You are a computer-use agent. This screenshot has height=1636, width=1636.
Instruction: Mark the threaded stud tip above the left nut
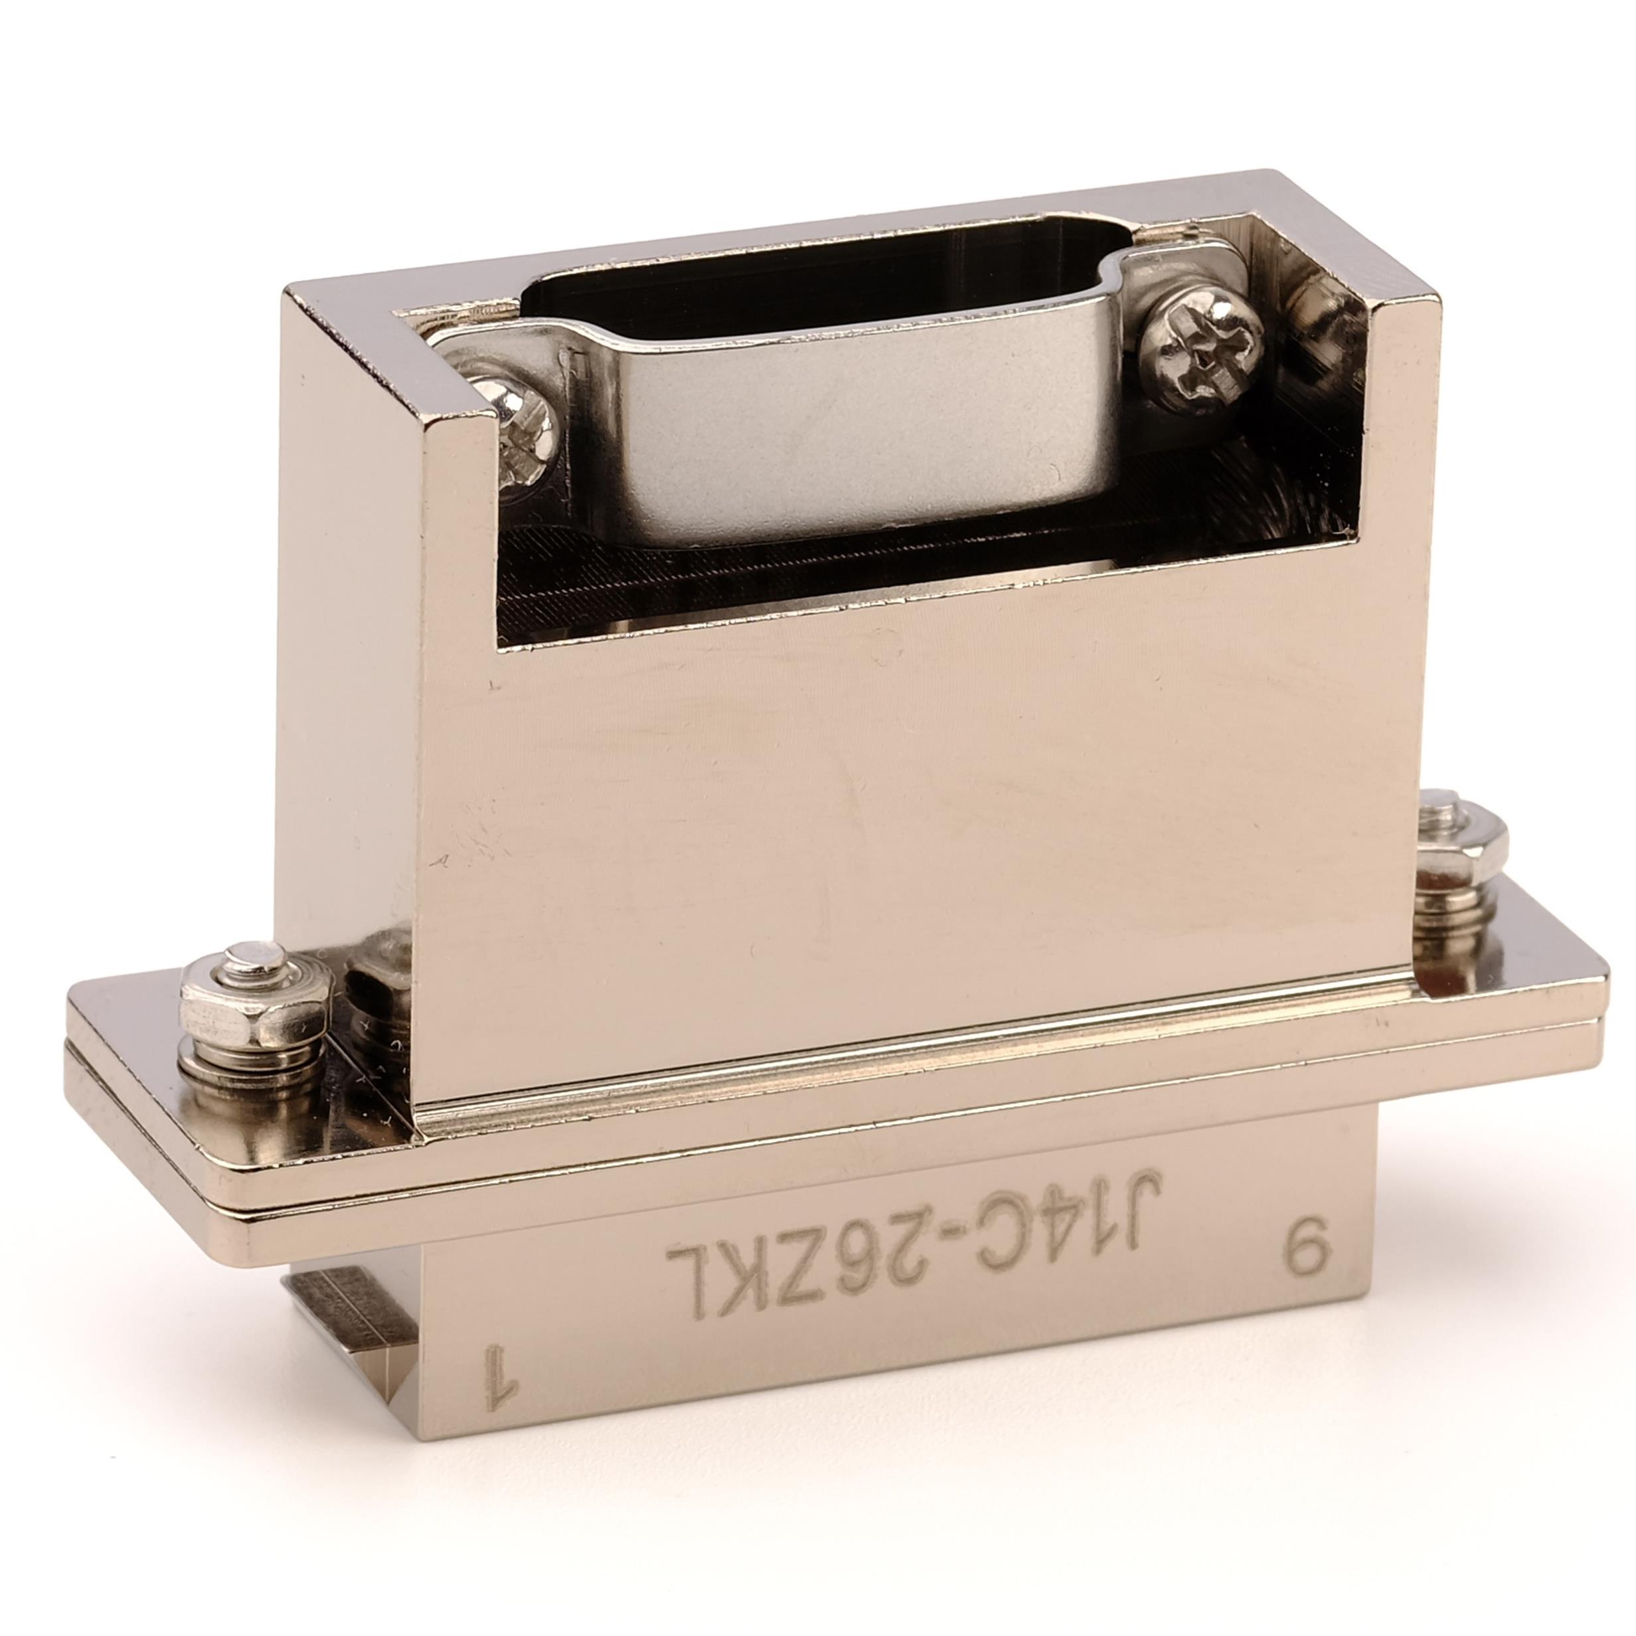coord(254,959)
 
